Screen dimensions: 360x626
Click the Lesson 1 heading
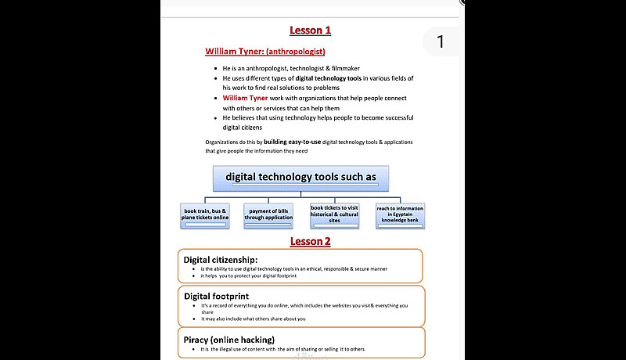pos(311,31)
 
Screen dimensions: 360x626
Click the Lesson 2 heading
pos(311,241)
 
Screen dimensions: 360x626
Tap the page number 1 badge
pos(441,41)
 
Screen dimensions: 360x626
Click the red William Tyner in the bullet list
pos(244,99)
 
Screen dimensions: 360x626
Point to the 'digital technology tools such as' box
pos(300,177)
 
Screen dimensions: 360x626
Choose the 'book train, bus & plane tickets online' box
pos(205,214)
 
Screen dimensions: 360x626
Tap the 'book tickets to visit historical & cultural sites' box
pos(334,214)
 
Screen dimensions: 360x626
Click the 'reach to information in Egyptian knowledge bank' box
pos(400,214)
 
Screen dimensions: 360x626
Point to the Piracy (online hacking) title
pos(228,339)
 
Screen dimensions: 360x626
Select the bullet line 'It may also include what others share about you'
pos(254,319)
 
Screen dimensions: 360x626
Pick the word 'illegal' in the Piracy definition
pos(226,349)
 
